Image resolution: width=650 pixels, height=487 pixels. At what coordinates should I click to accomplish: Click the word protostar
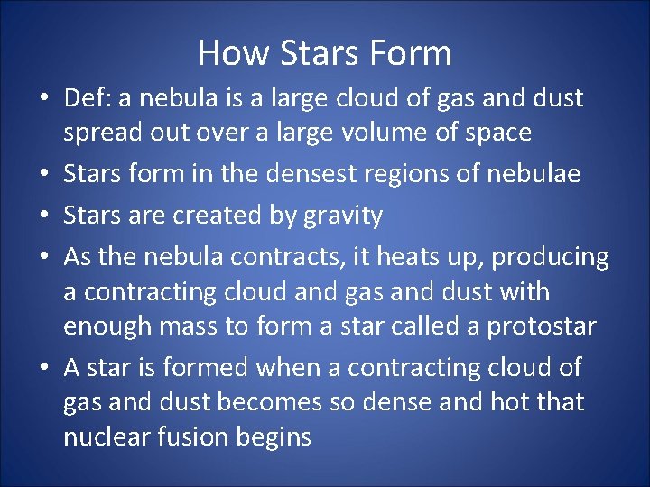click(542, 326)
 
